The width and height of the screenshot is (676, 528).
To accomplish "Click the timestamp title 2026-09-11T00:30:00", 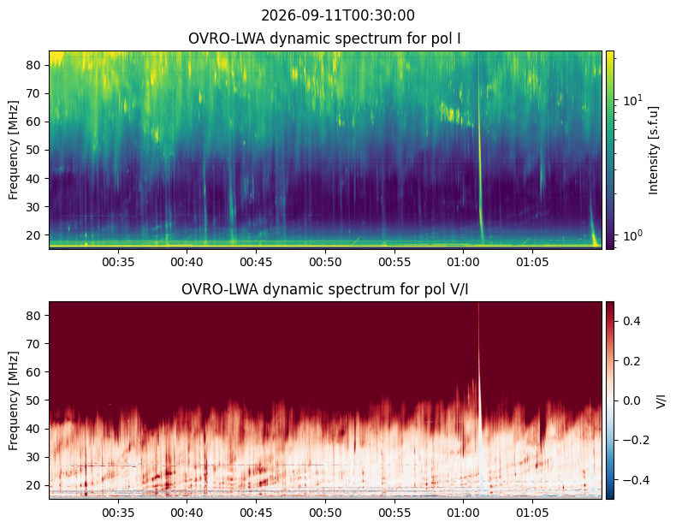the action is (337, 15).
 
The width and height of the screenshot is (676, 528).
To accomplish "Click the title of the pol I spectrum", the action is (324, 39).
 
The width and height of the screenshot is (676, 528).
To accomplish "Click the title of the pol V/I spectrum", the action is (324, 289).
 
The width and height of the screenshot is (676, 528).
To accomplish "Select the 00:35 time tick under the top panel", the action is (118, 262).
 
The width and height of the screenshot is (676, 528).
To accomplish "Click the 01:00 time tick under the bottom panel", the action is (464, 513).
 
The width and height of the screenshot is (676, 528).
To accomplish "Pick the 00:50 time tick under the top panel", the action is (325, 262).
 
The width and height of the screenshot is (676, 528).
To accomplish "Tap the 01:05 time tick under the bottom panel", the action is (532, 513).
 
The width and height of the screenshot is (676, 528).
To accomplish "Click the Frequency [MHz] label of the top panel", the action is (14, 150).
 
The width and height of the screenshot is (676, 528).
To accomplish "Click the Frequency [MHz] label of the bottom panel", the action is (14, 400).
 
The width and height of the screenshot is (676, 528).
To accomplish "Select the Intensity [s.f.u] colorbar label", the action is (654, 150).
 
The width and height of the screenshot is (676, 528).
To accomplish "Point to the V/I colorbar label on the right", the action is (661, 400).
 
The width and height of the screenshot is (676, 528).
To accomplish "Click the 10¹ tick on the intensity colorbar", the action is (632, 100).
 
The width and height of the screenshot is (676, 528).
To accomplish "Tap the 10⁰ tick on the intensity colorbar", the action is (632, 235).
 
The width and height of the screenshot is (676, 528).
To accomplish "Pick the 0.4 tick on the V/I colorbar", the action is (632, 321).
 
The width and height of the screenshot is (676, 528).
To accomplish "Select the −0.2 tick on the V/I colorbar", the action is (632, 440).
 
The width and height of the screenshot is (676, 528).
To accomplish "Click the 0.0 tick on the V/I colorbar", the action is (632, 400).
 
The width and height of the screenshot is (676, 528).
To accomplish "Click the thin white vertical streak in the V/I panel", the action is (479, 388).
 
